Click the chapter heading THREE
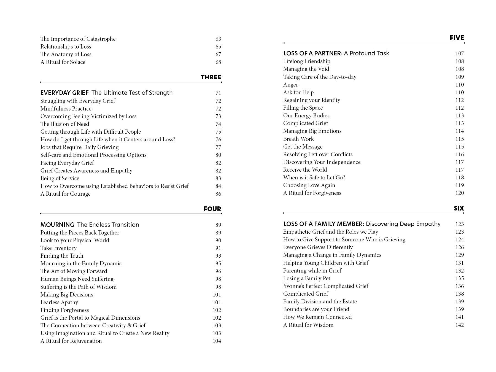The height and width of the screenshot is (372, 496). (211, 77)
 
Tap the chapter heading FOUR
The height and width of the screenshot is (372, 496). (212, 209)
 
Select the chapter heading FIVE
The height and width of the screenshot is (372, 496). (457, 38)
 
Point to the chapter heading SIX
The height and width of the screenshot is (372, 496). (459, 208)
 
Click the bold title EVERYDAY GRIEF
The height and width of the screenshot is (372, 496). (64, 93)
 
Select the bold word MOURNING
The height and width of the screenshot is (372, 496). (57, 225)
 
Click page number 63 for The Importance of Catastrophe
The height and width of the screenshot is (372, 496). (218, 39)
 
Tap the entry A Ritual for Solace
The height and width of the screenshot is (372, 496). (63, 62)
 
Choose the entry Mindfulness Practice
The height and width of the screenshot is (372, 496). (66, 109)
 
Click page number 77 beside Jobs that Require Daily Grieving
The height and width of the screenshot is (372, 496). (218, 147)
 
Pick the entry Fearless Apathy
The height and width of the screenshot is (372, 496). (59, 302)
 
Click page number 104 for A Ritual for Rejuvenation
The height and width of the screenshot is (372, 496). (217, 341)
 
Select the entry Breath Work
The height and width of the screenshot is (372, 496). (298, 139)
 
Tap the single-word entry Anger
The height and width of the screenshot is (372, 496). (290, 85)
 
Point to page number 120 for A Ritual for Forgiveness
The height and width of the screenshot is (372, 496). (459, 193)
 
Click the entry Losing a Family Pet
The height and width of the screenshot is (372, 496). (306, 278)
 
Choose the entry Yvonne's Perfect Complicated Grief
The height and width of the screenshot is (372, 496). (326, 286)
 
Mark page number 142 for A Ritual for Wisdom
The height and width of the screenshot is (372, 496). (459, 325)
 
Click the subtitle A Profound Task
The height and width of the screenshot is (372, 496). (366, 53)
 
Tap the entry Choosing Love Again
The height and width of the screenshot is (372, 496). (309, 185)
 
